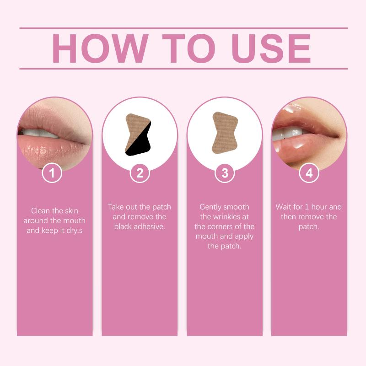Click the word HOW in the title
point(100,48)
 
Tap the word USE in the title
point(271,48)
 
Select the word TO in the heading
point(188,48)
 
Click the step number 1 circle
point(52,173)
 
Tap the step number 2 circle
point(140,173)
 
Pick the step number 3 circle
point(225,173)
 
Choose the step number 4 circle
point(309,173)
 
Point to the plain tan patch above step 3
point(225,133)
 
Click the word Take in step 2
point(116,207)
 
